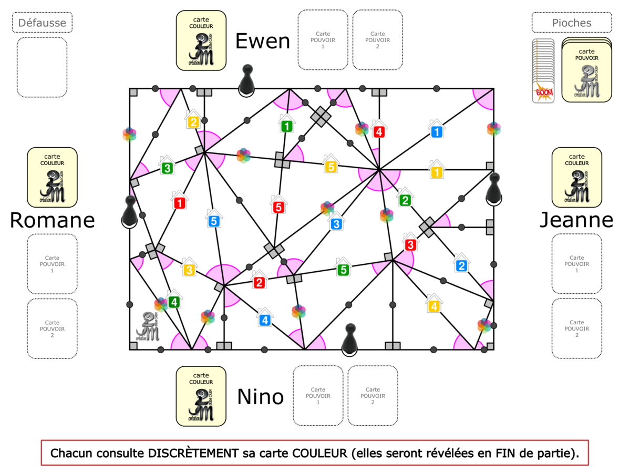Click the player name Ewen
pos(262,41)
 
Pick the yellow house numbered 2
pos(193,121)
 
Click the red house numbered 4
pos(378,131)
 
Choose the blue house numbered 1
pos(436,131)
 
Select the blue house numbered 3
pos(337,223)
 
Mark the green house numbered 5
pos(343,269)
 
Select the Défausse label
pos(42,23)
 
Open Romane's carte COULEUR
pos(52,177)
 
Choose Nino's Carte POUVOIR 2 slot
pos(373,395)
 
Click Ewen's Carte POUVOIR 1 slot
pos(323,40)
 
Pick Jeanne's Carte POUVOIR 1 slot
pos(576,264)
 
